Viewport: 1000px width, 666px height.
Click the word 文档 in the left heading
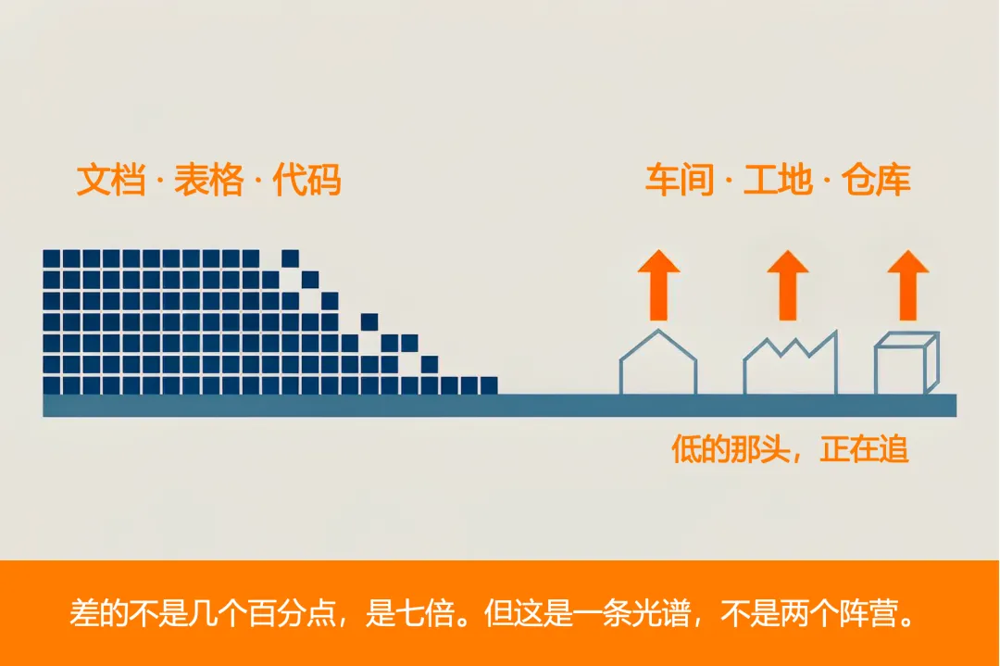(111, 180)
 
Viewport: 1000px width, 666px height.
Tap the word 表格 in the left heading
(209, 180)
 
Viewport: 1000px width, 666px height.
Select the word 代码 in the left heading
(306, 180)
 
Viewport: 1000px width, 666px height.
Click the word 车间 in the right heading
(680, 180)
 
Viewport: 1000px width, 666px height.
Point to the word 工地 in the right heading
(778, 180)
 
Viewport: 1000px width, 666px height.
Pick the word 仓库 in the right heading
(876, 180)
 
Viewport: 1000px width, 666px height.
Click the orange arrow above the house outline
(659, 284)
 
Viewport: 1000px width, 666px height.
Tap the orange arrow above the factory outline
(788, 284)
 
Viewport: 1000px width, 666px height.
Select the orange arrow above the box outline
(908, 284)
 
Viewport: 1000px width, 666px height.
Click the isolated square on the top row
(290, 258)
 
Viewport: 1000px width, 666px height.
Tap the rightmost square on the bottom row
(489, 385)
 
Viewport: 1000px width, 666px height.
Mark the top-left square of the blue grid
(52, 258)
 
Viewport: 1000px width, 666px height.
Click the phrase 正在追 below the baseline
(864, 449)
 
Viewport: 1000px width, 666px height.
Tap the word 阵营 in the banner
(869, 614)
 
